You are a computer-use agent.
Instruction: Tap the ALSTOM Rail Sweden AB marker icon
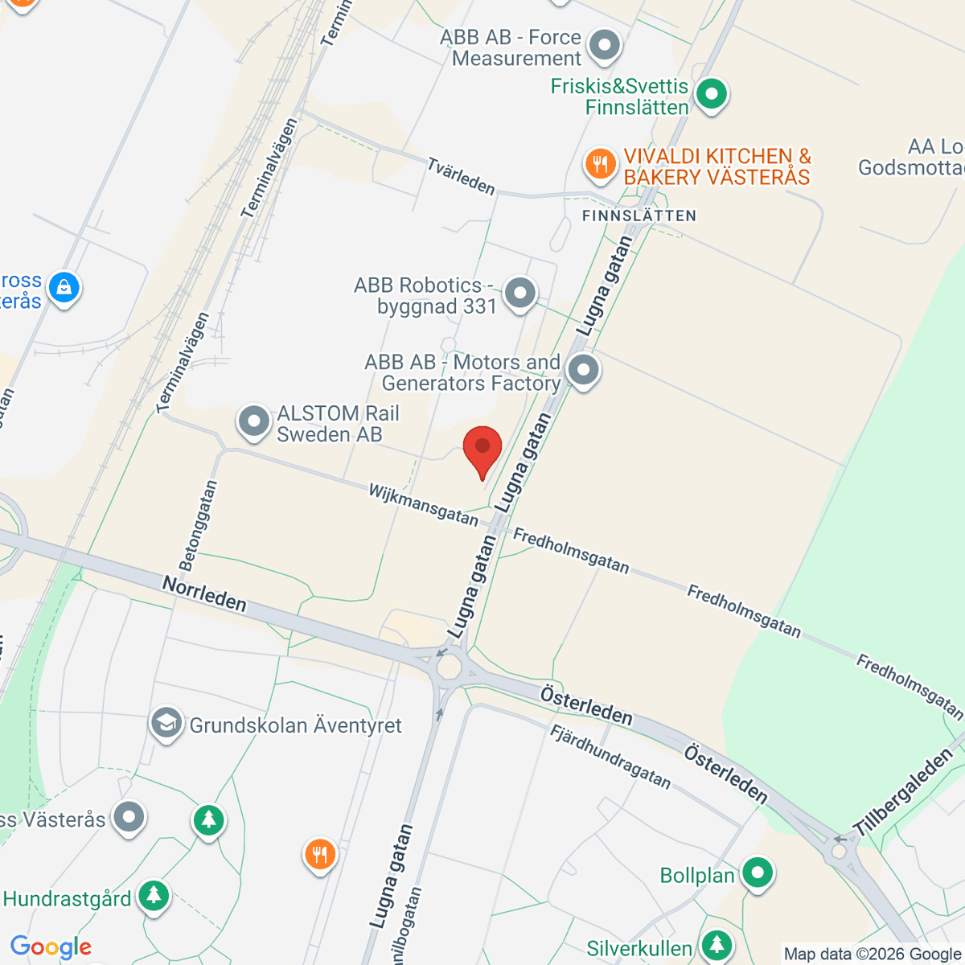click(254, 421)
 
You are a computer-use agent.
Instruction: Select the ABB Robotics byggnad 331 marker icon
click(520, 293)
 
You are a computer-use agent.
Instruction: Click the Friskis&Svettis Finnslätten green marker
click(711, 94)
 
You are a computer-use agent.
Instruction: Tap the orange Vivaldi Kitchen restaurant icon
click(600, 164)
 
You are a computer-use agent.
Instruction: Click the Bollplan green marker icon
click(757, 873)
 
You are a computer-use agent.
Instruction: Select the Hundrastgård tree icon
click(153, 895)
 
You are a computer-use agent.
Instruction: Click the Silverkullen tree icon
click(716, 945)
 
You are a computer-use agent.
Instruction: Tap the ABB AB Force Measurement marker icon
click(604, 45)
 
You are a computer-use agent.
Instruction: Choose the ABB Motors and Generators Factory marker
click(584, 371)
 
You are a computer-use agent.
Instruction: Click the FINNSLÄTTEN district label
click(639, 216)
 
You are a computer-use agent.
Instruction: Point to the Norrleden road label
click(204, 593)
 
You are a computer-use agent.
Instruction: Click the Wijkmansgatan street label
click(423, 504)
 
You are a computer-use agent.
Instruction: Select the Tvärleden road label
click(461, 176)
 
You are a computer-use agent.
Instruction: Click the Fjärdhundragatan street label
click(610, 756)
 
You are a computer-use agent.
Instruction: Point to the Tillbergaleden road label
click(902, 792)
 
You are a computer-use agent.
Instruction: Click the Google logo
click(51, 947)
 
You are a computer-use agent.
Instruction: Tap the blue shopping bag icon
click(64, 287)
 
